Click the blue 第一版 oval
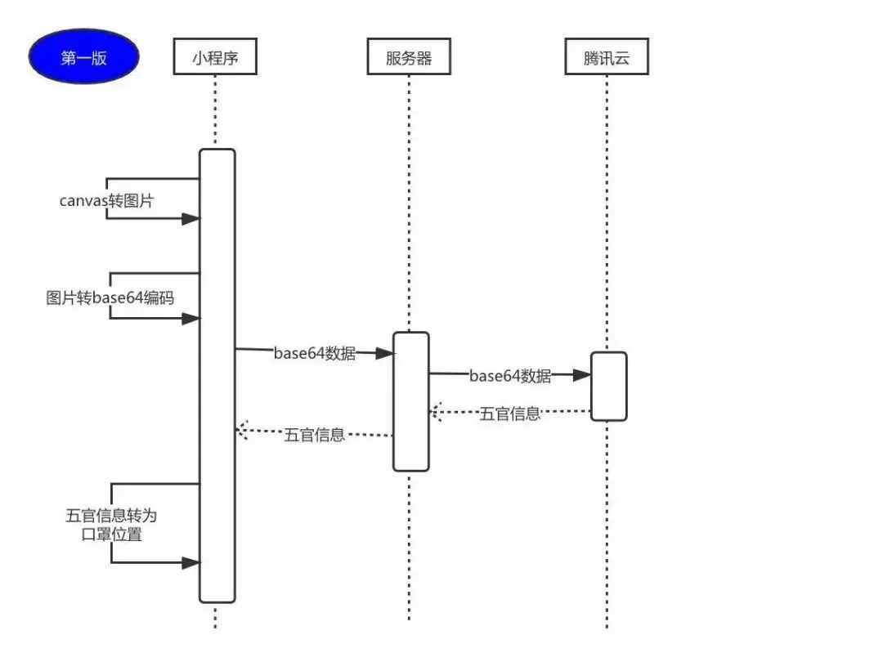point(83,57)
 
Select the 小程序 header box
point(215,58)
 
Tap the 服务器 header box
point(409,58)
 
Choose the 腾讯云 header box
point(607,58)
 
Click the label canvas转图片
point(106,200)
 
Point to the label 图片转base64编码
point(110,297)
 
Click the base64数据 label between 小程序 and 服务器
point(315,354)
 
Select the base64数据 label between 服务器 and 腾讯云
point(510,376)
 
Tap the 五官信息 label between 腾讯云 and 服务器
point(509,414)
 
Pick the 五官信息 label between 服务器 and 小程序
point(315,435)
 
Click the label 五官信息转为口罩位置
point(110,525)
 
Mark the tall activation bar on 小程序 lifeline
point(217,376)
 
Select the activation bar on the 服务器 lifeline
point(410,401)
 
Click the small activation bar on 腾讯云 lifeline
point(608,386)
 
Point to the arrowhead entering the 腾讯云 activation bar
point(582,375)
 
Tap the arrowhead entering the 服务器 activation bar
point(385,353)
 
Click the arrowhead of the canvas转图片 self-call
point(190,218)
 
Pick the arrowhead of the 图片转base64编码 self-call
point(190,319)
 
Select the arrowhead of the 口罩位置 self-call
point(190,563)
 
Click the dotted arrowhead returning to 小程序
point(242,430)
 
